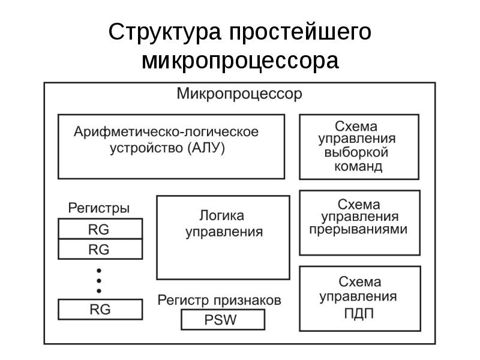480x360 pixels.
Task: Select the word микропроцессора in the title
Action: click(x=240, y=61)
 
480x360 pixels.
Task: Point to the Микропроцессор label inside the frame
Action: click(x=239, y=94)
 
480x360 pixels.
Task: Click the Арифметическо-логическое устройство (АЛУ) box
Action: click(x=171, y=146)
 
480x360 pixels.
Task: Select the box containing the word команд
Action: click(x=358, y=146)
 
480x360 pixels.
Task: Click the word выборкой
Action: click(x=358, y=154)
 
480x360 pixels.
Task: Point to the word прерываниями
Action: click(x=358, y=229)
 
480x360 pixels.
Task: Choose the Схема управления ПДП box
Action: click(x=358, y=298)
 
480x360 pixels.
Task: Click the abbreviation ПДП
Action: click(x=359, y=313)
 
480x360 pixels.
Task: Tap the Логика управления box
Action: click(x=223, y=237)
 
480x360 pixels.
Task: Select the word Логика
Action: click(x=222, y=215)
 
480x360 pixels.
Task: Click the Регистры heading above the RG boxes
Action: click(x=98, y=208)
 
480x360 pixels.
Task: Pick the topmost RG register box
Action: click(x=100, y=229)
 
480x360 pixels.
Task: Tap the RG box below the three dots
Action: click(x=100, y=310)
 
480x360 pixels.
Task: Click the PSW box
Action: click(x=222, y=320)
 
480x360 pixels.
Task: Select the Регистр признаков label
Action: click(x=218, y=299)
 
